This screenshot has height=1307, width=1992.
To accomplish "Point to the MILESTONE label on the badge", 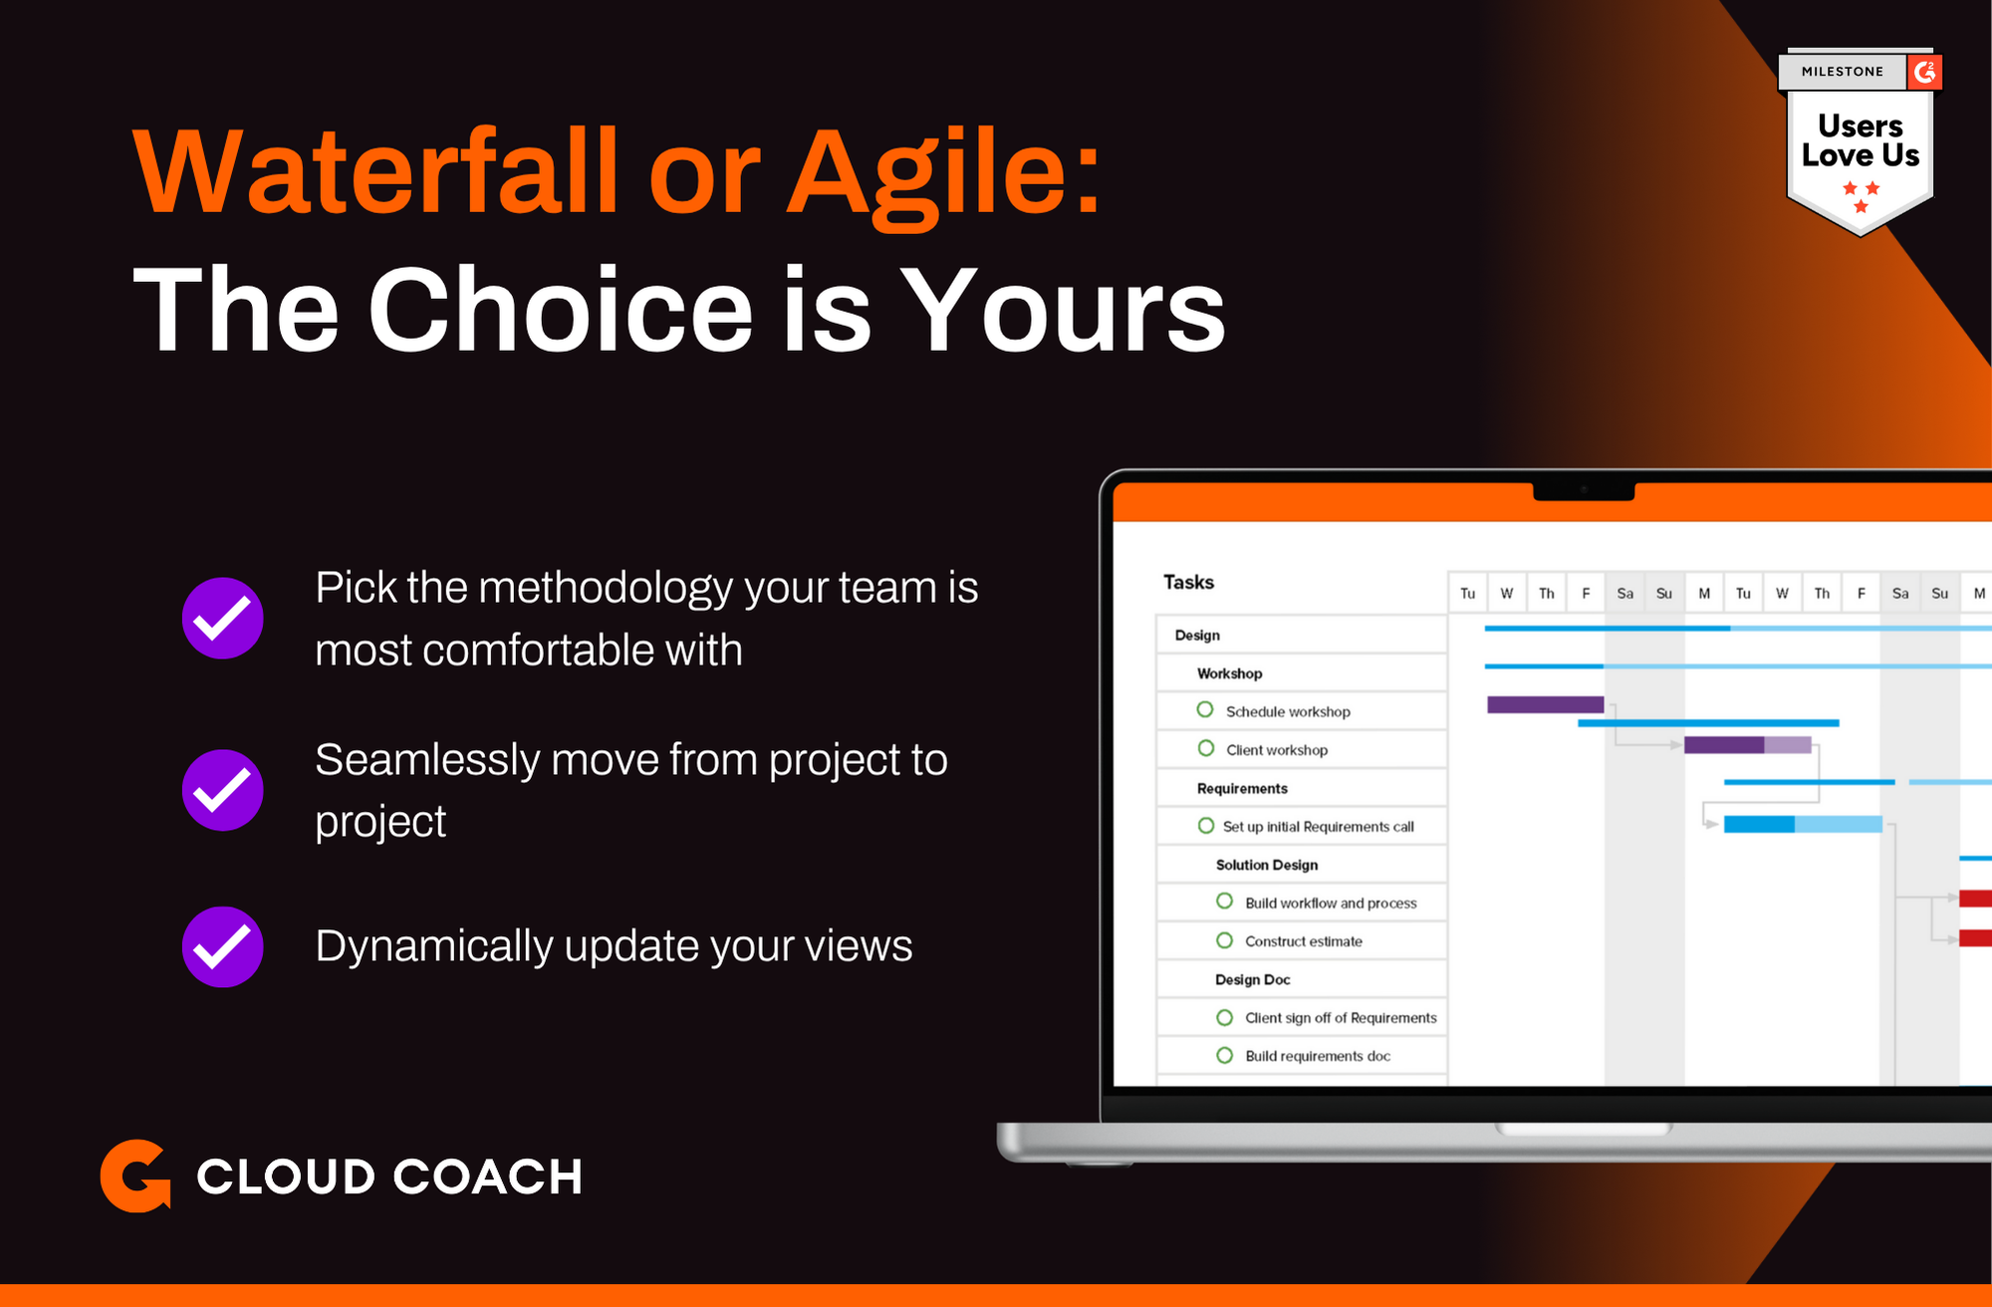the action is [x=1843, y=72].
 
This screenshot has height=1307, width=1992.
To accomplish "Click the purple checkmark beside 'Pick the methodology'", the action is [x=223, y=618].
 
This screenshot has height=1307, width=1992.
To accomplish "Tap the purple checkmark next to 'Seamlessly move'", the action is [x=223, y=790].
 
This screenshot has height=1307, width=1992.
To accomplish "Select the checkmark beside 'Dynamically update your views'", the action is [x=223, y=946].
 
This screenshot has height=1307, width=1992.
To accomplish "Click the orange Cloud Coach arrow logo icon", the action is [x=135, y=1176].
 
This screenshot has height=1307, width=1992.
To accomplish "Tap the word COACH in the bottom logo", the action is [x=487, y=1176].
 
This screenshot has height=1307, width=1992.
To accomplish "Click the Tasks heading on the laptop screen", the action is [x=1188, y=582].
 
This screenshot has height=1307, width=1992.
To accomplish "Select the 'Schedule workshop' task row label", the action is [x=1288, y=711].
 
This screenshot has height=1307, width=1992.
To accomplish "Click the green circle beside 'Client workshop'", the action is [x=1206, y=748].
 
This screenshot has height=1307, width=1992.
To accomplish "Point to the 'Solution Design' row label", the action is [x=1266, y=865].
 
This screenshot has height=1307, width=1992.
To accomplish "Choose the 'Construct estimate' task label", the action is [x=1303, y=941].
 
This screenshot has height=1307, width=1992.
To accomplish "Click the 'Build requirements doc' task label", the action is [x=1317, y=1056].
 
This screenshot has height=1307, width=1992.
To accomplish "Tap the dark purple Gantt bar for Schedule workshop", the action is [x=1545, y=704].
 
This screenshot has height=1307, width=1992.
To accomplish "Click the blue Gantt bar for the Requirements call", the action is [x=1803, y=824].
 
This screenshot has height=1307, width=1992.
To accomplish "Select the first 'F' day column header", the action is [x=1586, y=593].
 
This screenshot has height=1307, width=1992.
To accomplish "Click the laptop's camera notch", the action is [x=1584, y=489].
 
